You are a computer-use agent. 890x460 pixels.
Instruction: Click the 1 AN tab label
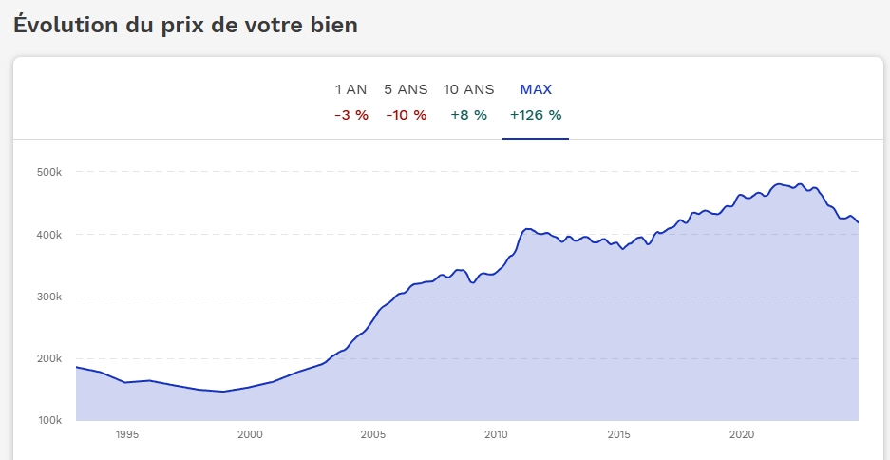coord(350,89)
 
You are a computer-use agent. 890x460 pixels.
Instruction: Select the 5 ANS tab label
coord(406,89)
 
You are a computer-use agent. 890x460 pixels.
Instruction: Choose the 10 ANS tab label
coord(469,89)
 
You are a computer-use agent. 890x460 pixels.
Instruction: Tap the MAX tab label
coord(536,89)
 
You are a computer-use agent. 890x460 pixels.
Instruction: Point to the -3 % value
coord(351,115)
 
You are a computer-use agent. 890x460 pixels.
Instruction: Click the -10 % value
coord(407,115)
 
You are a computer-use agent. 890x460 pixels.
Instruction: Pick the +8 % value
coord(469,115)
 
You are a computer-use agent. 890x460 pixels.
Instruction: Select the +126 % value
coord(536,115)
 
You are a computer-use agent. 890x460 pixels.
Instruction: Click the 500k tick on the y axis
coord(48,172)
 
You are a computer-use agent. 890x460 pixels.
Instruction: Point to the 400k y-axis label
coord(48,235)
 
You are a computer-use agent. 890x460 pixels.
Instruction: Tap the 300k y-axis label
coord(48,297)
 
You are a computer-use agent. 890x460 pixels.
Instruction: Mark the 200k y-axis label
coord(48,359)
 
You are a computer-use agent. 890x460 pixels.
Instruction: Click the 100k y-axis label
coord(48,421)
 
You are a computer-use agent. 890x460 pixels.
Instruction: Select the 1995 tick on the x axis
coord(127,435)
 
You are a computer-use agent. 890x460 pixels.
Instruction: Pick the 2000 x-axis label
coord(250,435)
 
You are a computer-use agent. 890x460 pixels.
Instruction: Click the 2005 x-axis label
coord(373,435)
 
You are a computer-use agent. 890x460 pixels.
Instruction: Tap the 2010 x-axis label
coord(496,435)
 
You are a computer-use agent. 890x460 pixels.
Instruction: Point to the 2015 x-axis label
coord(618,435)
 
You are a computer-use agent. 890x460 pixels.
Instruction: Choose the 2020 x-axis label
coord(742,435)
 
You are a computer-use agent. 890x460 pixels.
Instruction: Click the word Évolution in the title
coord(66,25)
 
